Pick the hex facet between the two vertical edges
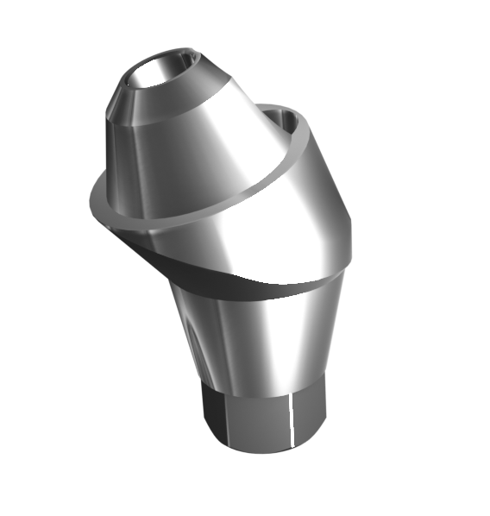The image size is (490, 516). (x=259, y=414)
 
